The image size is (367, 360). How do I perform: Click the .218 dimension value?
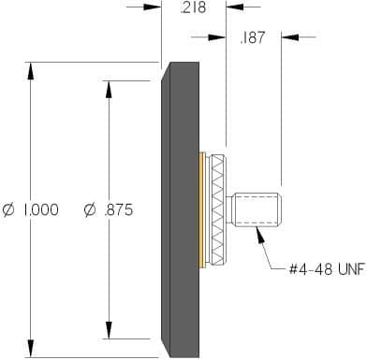[193, 7]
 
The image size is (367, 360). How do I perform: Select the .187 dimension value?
[253, 37]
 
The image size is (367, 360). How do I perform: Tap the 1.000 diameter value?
[40, 209]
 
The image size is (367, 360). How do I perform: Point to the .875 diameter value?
[119, 209]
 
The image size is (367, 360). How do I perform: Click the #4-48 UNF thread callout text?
[327, 269]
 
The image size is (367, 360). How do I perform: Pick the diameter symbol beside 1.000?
[8, 209]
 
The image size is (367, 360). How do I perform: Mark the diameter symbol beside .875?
[91, 209]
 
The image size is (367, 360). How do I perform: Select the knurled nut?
[217, 210]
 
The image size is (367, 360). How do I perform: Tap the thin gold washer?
[202, 209]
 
